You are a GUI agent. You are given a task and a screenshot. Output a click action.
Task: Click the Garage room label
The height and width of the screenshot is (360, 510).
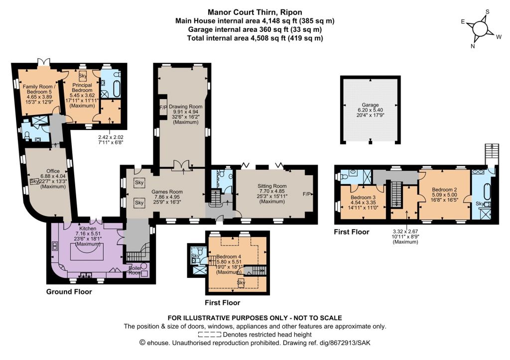point(370,105)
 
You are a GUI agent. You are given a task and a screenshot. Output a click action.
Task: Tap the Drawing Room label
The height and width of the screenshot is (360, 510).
point(185,107)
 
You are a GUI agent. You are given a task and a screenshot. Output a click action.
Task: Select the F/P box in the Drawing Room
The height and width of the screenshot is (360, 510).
point(163,107)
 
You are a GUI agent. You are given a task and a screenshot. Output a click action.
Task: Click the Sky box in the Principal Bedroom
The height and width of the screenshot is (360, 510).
point(83,76)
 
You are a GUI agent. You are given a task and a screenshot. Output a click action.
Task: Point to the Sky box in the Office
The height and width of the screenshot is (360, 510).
point(34,181)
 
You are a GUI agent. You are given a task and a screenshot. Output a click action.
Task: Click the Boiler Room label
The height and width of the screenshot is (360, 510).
point(135,270)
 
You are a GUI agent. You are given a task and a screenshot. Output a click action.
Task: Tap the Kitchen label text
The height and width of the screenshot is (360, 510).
point(88,229)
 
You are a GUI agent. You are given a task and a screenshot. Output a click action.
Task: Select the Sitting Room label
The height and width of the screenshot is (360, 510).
point(272,186)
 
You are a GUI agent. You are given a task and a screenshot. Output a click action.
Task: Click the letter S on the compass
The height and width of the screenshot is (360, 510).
point(487,12)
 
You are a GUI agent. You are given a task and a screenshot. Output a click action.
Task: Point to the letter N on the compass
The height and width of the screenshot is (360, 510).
point(473,46)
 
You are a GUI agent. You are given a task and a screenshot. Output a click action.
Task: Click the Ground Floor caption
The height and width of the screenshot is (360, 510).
point(69,291)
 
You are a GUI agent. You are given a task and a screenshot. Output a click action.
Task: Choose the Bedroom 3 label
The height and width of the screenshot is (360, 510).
point(363,197)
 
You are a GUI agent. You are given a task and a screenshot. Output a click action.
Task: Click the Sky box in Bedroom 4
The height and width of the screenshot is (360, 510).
point(241,282)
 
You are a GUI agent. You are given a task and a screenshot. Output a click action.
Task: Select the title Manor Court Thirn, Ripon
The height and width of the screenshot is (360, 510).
point(255,12)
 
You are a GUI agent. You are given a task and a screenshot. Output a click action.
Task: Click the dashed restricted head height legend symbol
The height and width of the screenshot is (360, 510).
point(210,334)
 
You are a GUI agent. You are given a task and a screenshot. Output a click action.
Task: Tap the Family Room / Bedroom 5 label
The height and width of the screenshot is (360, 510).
point(39,89)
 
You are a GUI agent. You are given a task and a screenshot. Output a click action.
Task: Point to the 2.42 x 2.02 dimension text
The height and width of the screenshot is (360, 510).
point(111,137)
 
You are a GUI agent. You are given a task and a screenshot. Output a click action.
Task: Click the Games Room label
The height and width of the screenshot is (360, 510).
point(167,192)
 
